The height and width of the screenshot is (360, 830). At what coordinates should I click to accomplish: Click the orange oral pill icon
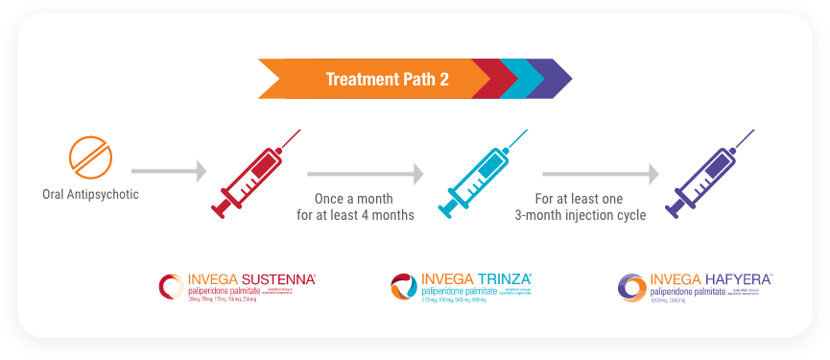click(90, 156)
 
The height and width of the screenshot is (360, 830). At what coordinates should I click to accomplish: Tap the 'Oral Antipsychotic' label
click(90, 195)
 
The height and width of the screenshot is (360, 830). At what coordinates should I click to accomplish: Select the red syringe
click(251, 177)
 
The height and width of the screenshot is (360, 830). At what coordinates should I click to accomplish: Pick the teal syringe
click(482, 177)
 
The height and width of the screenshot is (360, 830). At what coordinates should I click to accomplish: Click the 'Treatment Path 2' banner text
click(387, 80)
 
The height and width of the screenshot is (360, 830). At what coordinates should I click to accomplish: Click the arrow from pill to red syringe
click(169, 173)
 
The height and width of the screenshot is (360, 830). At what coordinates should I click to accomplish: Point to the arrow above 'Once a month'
click(365, 174)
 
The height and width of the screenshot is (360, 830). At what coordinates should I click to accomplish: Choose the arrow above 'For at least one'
click(600, 174)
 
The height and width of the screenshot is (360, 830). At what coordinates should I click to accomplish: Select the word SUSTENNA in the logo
click(280, 279)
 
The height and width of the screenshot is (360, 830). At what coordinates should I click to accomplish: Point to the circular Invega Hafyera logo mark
click(633, 288)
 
